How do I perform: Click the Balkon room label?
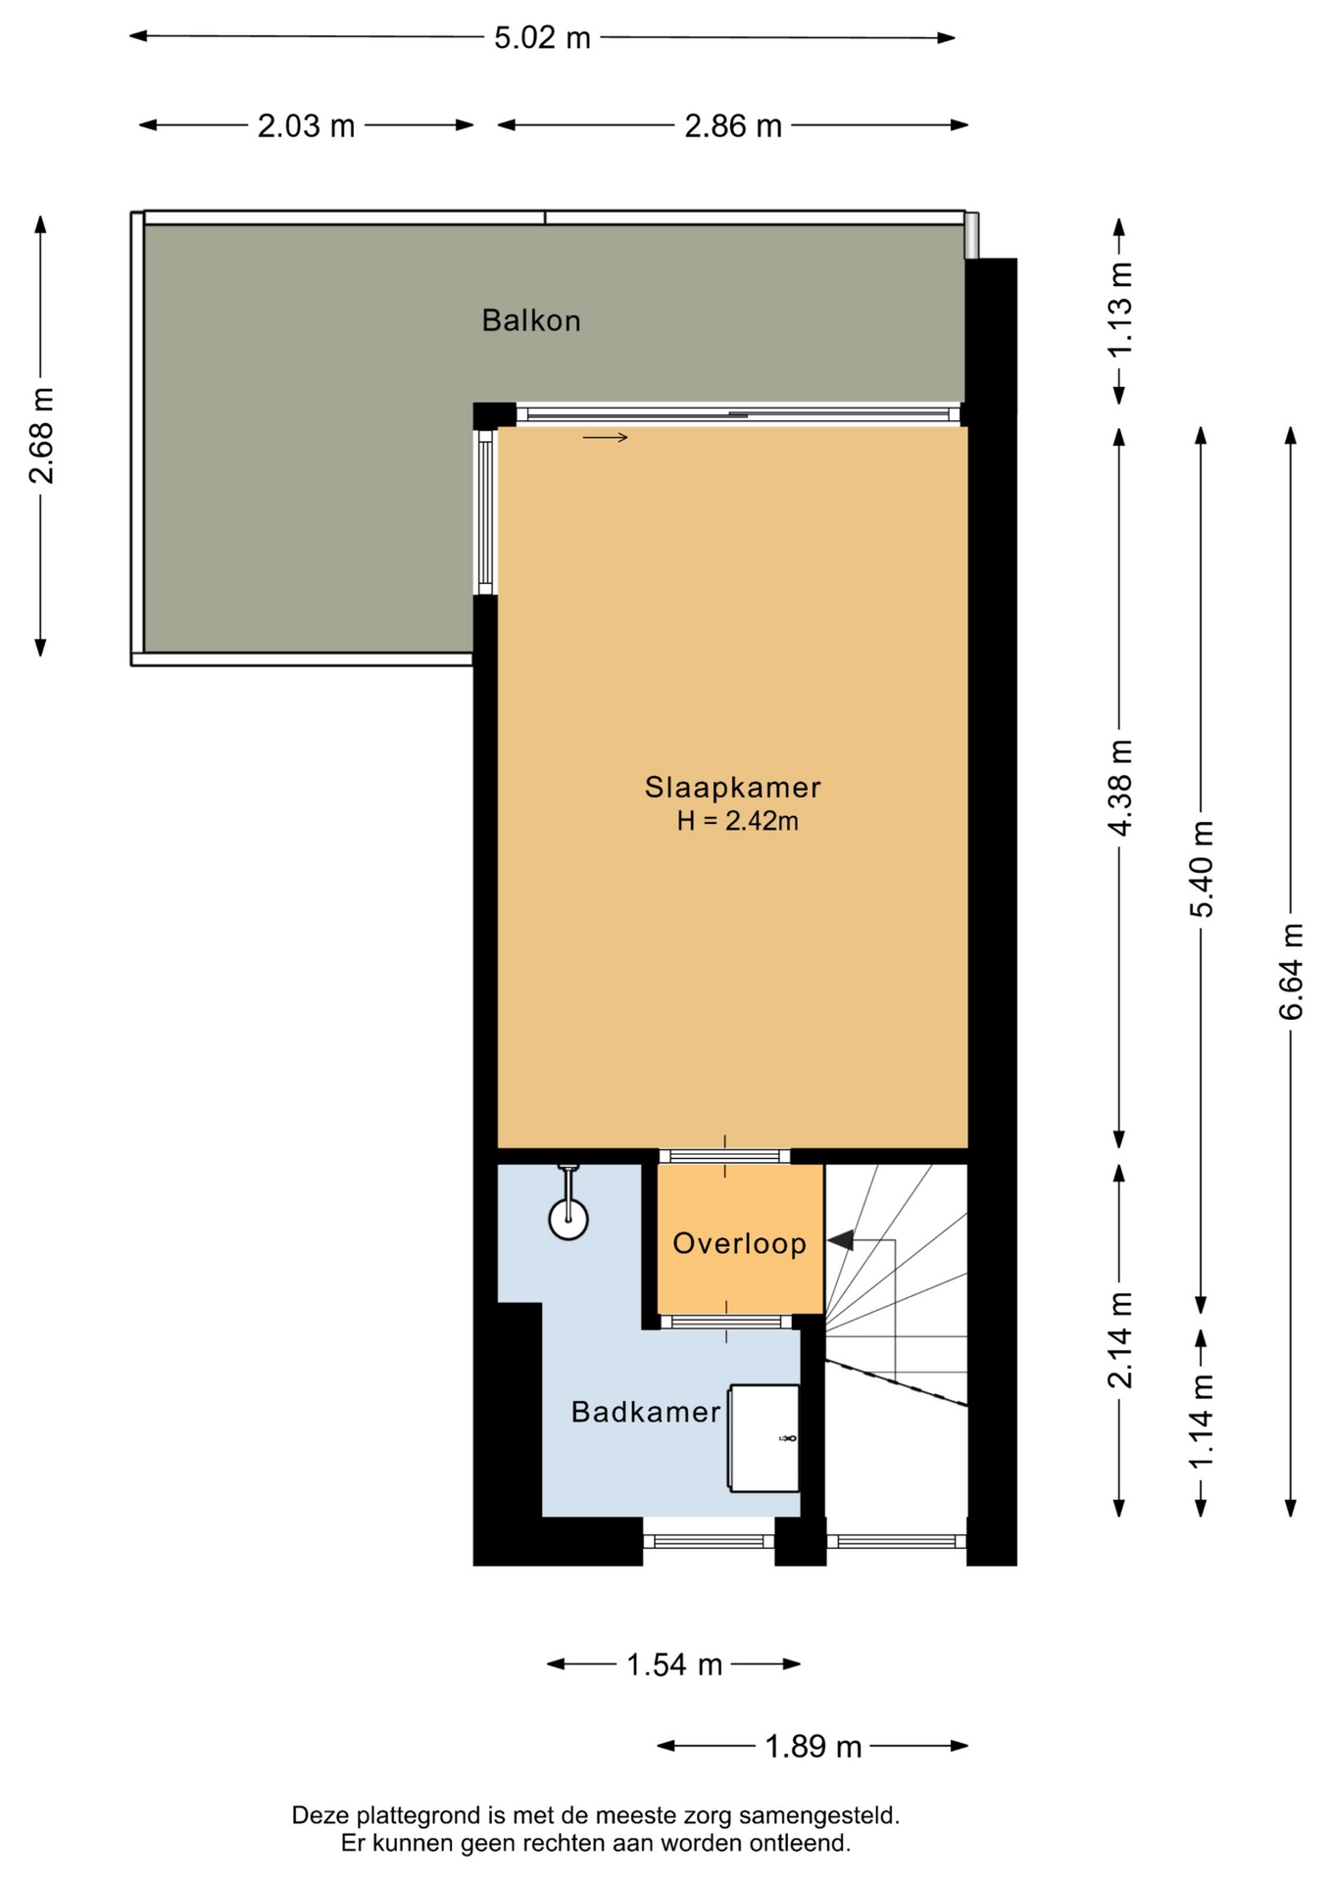[x=531, y=320]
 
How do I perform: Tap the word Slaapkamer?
[x=732, y=787]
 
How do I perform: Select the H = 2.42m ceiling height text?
[x=737, y=821]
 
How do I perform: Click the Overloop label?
[x=739, y=1243]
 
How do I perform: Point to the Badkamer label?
[x=646, y=1412]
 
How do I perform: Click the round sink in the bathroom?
[x=568, y=1220]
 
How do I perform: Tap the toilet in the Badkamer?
[x=764, y=1438]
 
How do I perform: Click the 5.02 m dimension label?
[x=542, y=37]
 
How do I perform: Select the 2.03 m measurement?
[x=306, y=125]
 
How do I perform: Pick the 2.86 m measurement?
[x=733, y=125]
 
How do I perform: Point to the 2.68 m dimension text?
[x=41, y=436]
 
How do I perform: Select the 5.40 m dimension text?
[x=1202, y=869]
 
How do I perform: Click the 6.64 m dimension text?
[x=1291, y=971]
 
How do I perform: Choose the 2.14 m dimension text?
[x=1119, y=1340]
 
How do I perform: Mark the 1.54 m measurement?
[x=674, y=1664]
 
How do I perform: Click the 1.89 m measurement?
[x=813, y=1747]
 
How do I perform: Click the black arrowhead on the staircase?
[x=840, y=1240]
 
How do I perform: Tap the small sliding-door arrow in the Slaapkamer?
[x=605, y=437]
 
